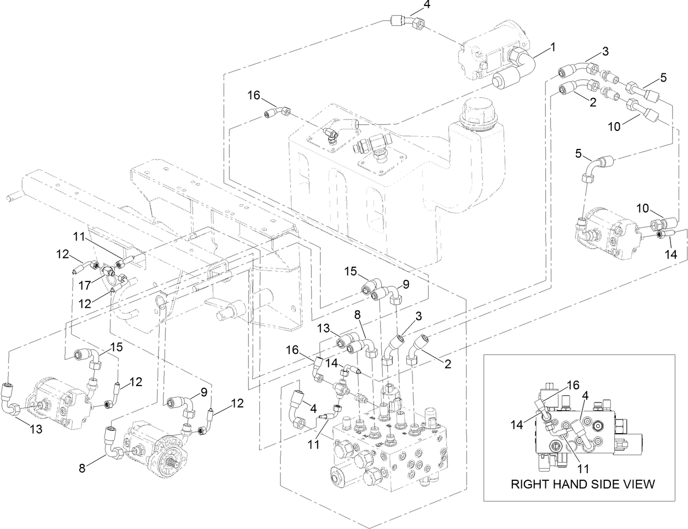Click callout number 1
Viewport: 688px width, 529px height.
click(552, 48)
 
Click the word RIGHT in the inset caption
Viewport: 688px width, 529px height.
click(528, 484)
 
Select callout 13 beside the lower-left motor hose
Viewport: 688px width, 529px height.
click(36, 430)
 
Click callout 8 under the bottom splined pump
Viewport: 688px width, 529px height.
click(83, 468)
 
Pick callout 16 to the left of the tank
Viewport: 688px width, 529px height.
click(253, 95)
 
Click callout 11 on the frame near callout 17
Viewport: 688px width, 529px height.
click(79, 238)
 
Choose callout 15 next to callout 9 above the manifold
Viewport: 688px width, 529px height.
click(350, 271)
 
